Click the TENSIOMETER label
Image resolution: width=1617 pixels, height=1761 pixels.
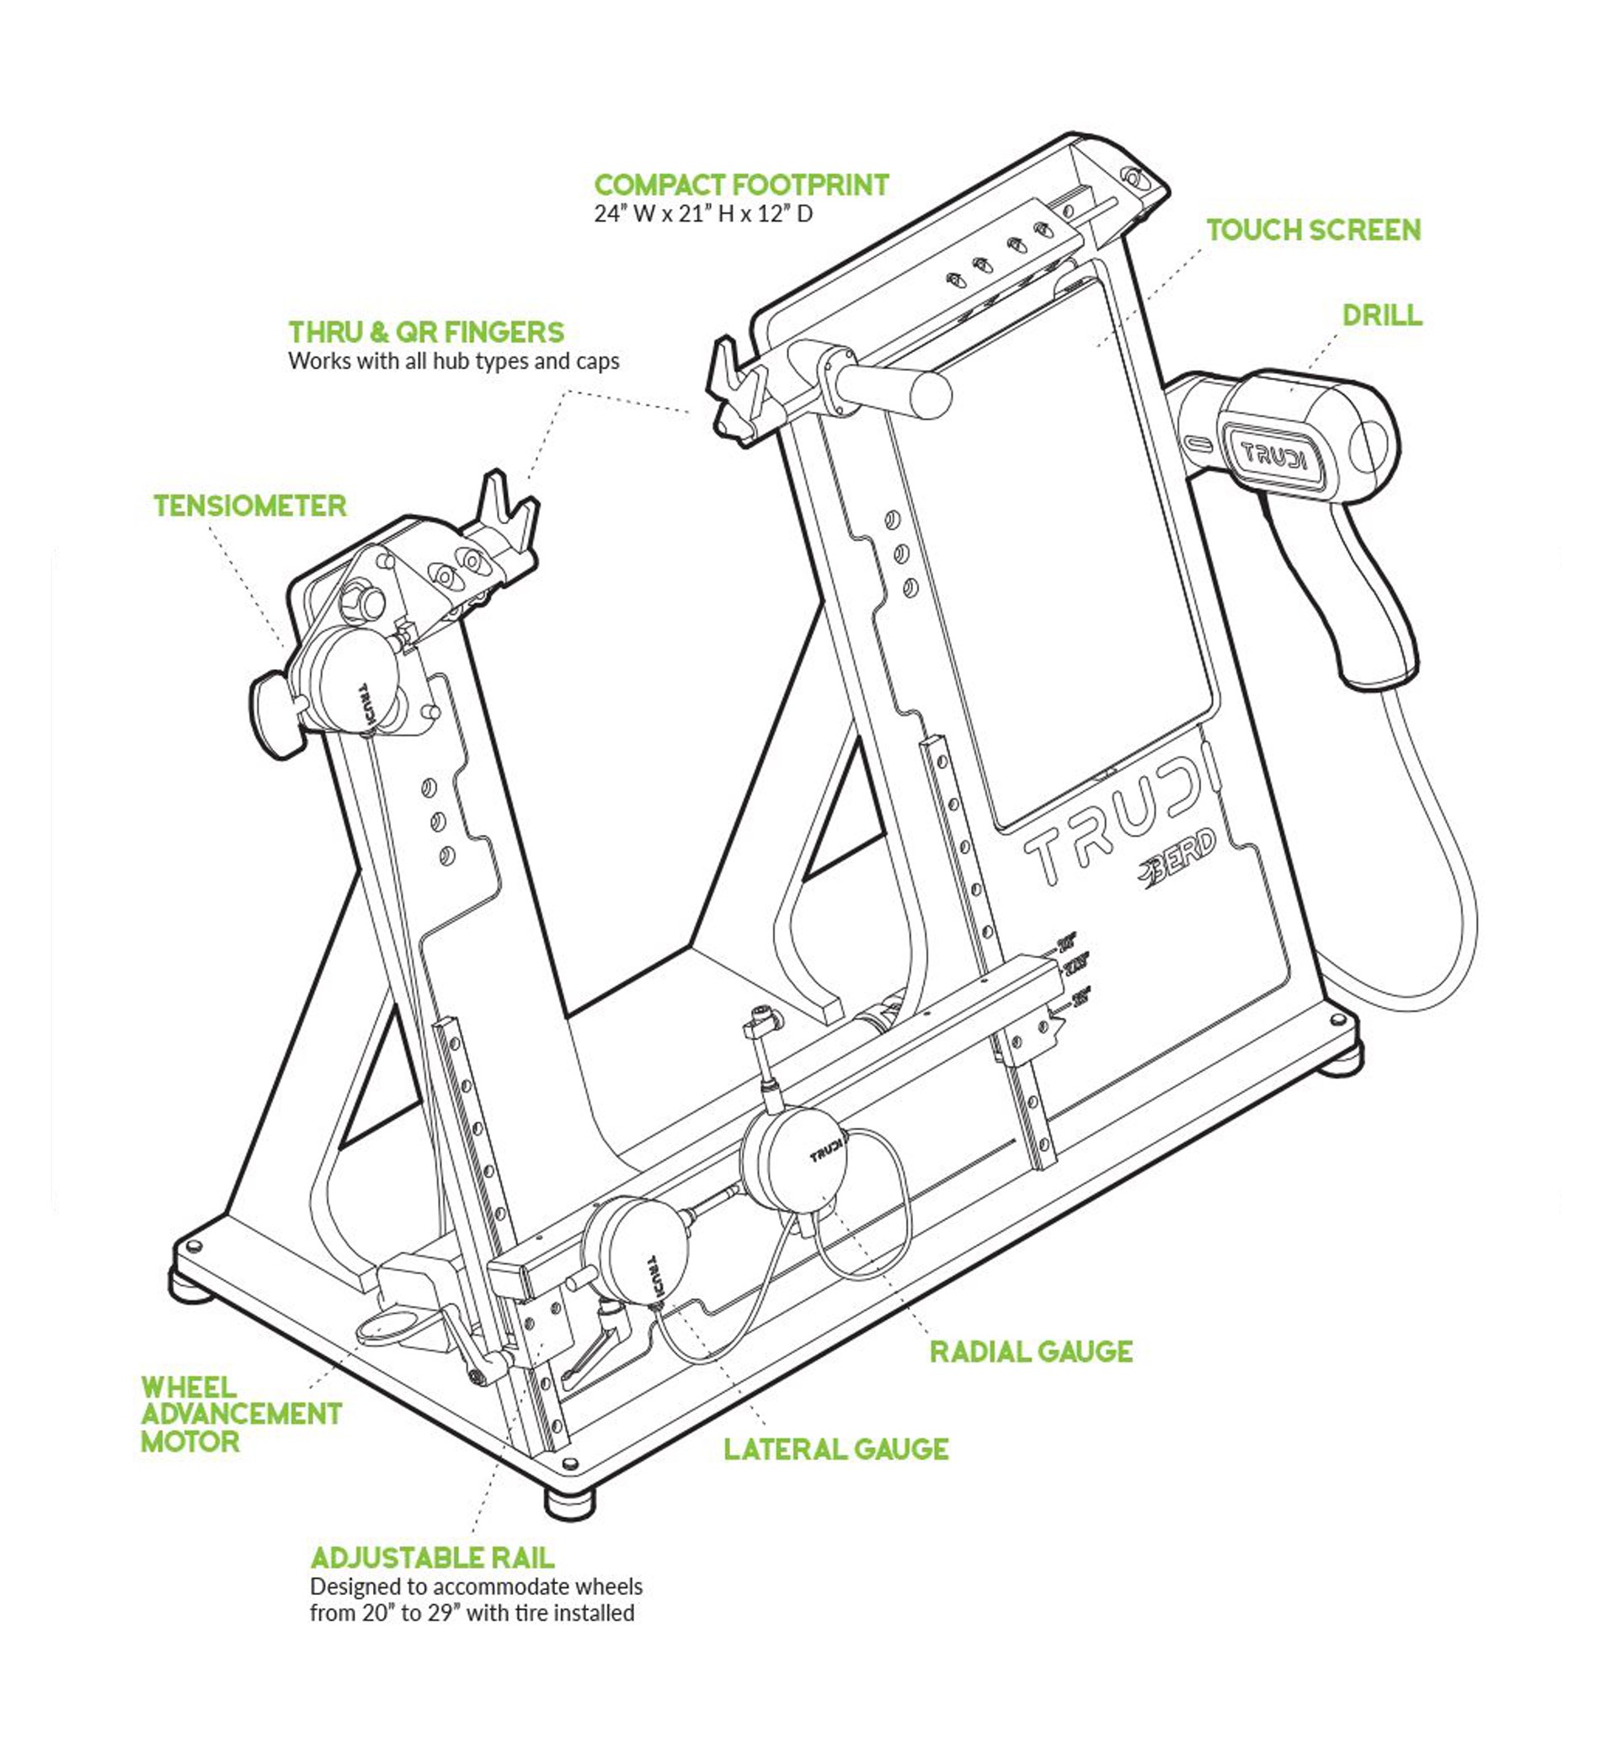[x=250, y=506]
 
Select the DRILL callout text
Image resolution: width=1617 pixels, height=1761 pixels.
[x=1382, y=315]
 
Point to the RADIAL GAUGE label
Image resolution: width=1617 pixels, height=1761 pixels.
[x=1031, y=1352]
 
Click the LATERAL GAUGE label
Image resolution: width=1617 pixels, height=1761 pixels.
[x=835, y=1448]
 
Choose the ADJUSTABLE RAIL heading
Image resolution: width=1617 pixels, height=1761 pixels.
[x=432, y=1557]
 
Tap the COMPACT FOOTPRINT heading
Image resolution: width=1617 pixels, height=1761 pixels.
[x=741, y=185]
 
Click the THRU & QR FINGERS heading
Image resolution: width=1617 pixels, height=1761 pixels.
[x=426, y=333]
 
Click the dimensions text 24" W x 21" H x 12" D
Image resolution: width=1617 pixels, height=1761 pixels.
[x=703, y=213]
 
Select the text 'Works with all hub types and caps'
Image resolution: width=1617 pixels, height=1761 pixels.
[x=453, y=361]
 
